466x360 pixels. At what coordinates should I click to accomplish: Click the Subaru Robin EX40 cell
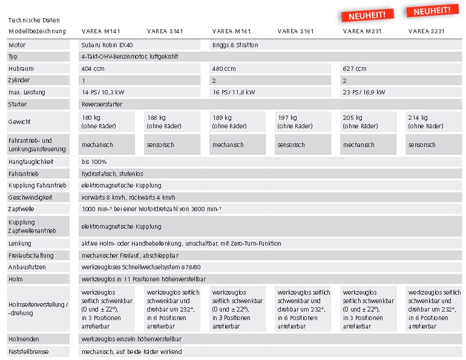[107, 45]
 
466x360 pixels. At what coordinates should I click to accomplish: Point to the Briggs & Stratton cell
[235, 45]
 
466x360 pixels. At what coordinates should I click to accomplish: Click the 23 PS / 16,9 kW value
[364, 92]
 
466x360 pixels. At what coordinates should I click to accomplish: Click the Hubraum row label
[21, 68]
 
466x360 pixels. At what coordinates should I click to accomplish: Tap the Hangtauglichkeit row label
[31, 162]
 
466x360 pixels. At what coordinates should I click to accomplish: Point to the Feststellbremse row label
[28, 351]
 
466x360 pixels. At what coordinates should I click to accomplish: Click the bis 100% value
[94, 162]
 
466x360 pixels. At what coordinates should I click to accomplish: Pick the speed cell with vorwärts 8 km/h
[128, 197]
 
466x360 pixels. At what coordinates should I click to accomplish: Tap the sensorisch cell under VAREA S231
[422, 145]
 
